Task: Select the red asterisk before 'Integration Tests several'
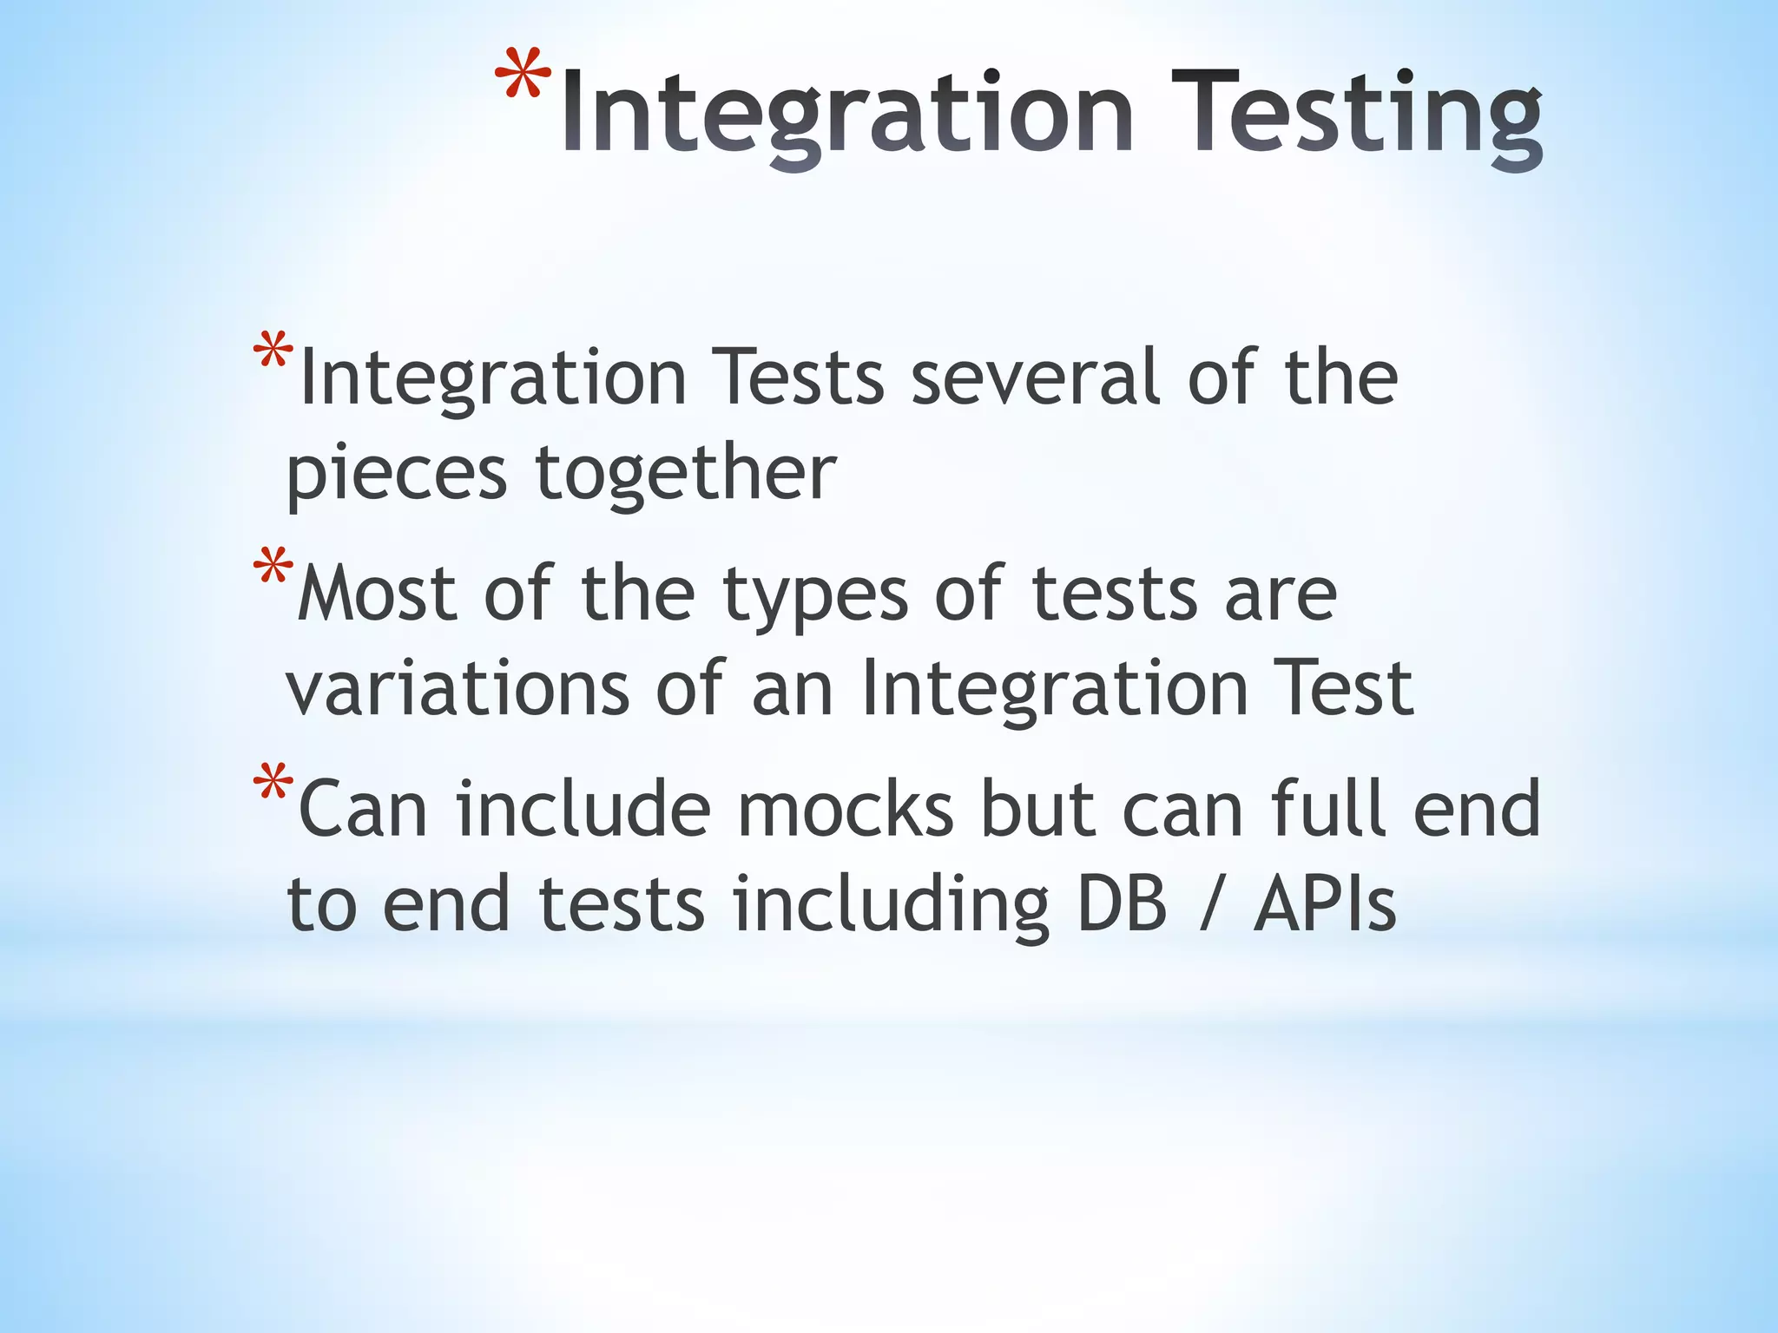(x=273, y=357)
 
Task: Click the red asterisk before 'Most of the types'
(x=273, y=572)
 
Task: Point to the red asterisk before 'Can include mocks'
(x=273, y=787)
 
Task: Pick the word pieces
(x=396, y=475)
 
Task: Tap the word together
(x=686, y=475)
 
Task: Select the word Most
(x=377, y=594)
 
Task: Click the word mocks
(x=846, y=809)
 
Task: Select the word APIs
(x=1325, y=904)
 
